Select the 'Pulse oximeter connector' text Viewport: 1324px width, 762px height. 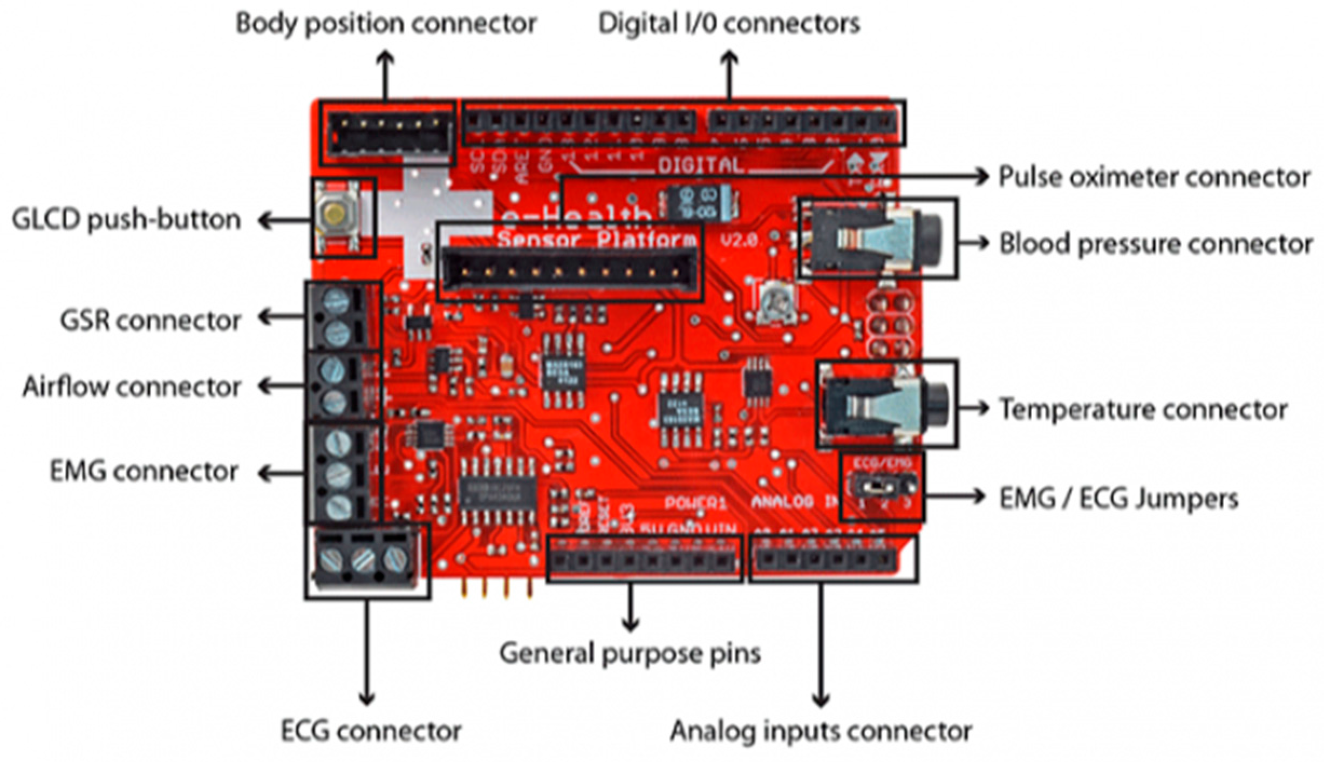(1154, 177)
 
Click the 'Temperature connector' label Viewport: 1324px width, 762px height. (1143, 410)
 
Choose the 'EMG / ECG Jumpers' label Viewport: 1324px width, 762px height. (1118, 498)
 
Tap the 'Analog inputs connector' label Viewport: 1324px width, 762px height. (821, 732)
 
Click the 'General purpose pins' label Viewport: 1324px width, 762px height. (630, 653)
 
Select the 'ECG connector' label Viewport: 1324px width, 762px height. (371, 732)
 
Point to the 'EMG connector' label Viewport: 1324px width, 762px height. (144, 471)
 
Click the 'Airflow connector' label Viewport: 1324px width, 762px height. (132, 387)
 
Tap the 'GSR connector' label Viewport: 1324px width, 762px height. (151, 321)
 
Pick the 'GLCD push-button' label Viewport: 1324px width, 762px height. (126, 220)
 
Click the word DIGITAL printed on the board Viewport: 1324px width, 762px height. (700, 165)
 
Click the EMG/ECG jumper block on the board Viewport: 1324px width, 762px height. (882, 485)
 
